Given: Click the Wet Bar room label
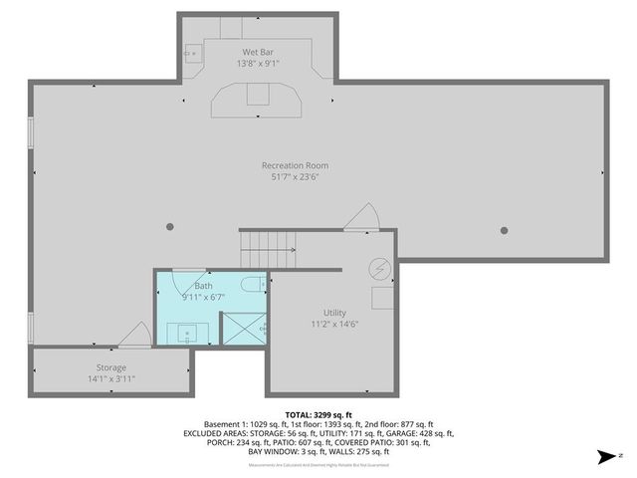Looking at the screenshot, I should (258, 51).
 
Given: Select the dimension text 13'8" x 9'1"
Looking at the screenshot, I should (258, 63).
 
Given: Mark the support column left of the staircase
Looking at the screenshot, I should (170, 228).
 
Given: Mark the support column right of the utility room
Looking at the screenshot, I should (504, 230).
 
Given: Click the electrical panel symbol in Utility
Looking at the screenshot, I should (380, 268).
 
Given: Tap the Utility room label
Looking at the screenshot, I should (334, 313).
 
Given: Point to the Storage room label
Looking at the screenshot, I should (111, 367).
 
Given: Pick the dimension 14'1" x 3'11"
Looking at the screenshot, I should (111, 379).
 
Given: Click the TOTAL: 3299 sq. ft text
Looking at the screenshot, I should (318, 414).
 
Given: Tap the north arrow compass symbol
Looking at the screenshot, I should (603, 457).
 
